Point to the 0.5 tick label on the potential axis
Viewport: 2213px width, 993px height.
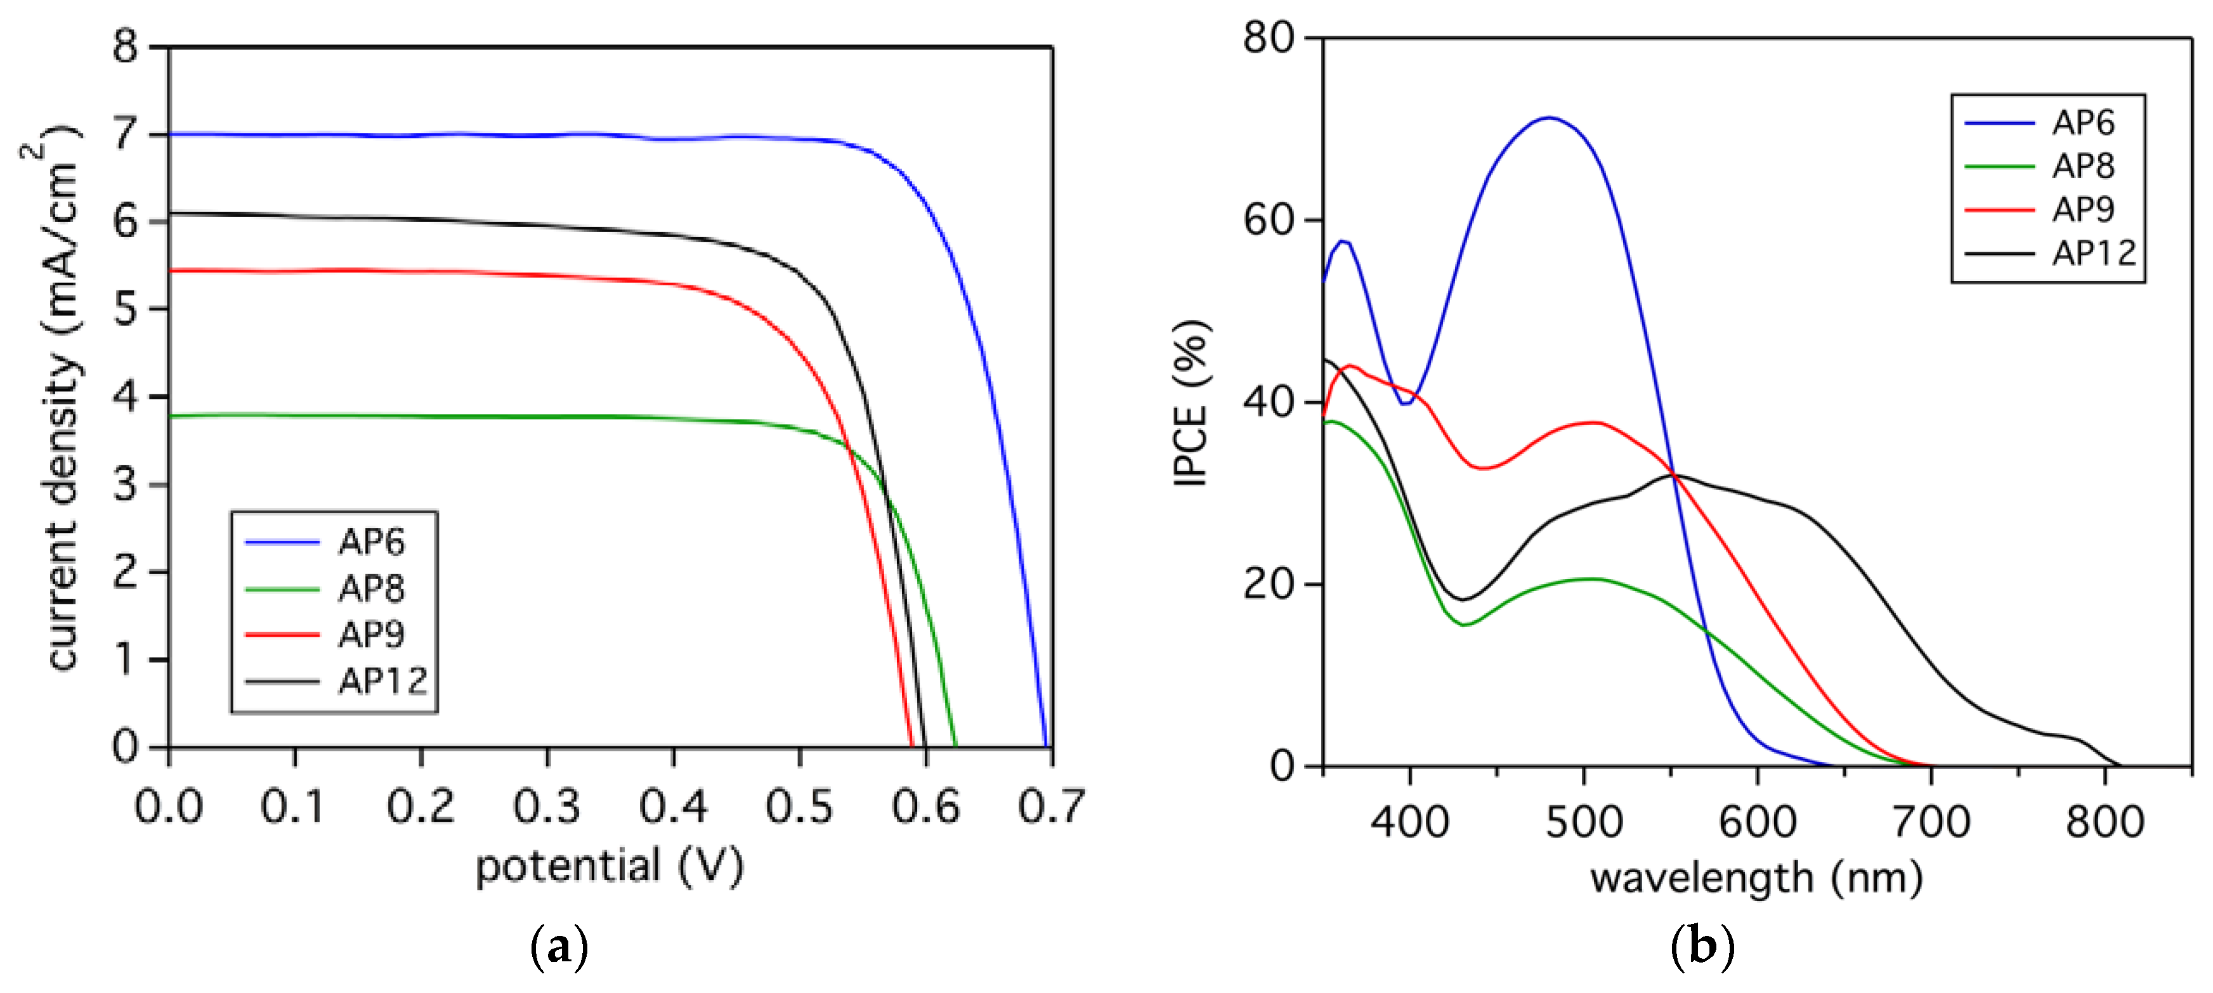(x=799, y=807)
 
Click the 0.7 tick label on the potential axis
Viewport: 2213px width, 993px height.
(x=1052, y=807)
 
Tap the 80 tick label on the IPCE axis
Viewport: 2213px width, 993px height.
(x=1268, y=38)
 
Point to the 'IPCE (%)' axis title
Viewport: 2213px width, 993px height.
(x=1192, y=404)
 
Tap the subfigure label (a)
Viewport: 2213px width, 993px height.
(x=559, y=947)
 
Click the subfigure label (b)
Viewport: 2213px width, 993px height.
(x=1702, y=947)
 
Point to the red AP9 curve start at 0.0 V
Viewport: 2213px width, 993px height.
(x=171, y=271)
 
